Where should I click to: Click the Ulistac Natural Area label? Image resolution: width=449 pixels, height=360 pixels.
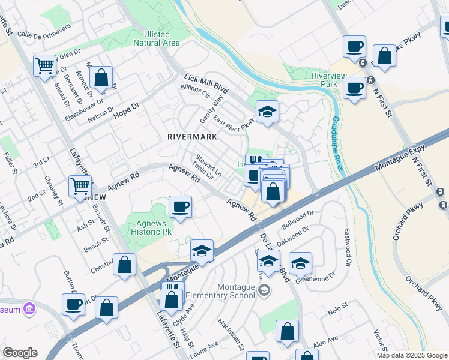156,37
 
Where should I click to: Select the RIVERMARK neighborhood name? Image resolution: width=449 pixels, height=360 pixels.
191,137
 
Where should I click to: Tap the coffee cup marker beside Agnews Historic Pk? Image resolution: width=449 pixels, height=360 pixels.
180,207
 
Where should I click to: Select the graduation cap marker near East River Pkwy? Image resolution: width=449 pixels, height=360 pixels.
267,111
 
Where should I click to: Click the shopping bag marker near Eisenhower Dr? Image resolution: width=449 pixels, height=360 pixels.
101,77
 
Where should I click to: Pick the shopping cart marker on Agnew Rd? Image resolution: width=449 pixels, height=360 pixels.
80,185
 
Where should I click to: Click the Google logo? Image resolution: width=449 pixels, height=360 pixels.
20,353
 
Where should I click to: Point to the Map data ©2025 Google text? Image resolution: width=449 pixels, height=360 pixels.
411,355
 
